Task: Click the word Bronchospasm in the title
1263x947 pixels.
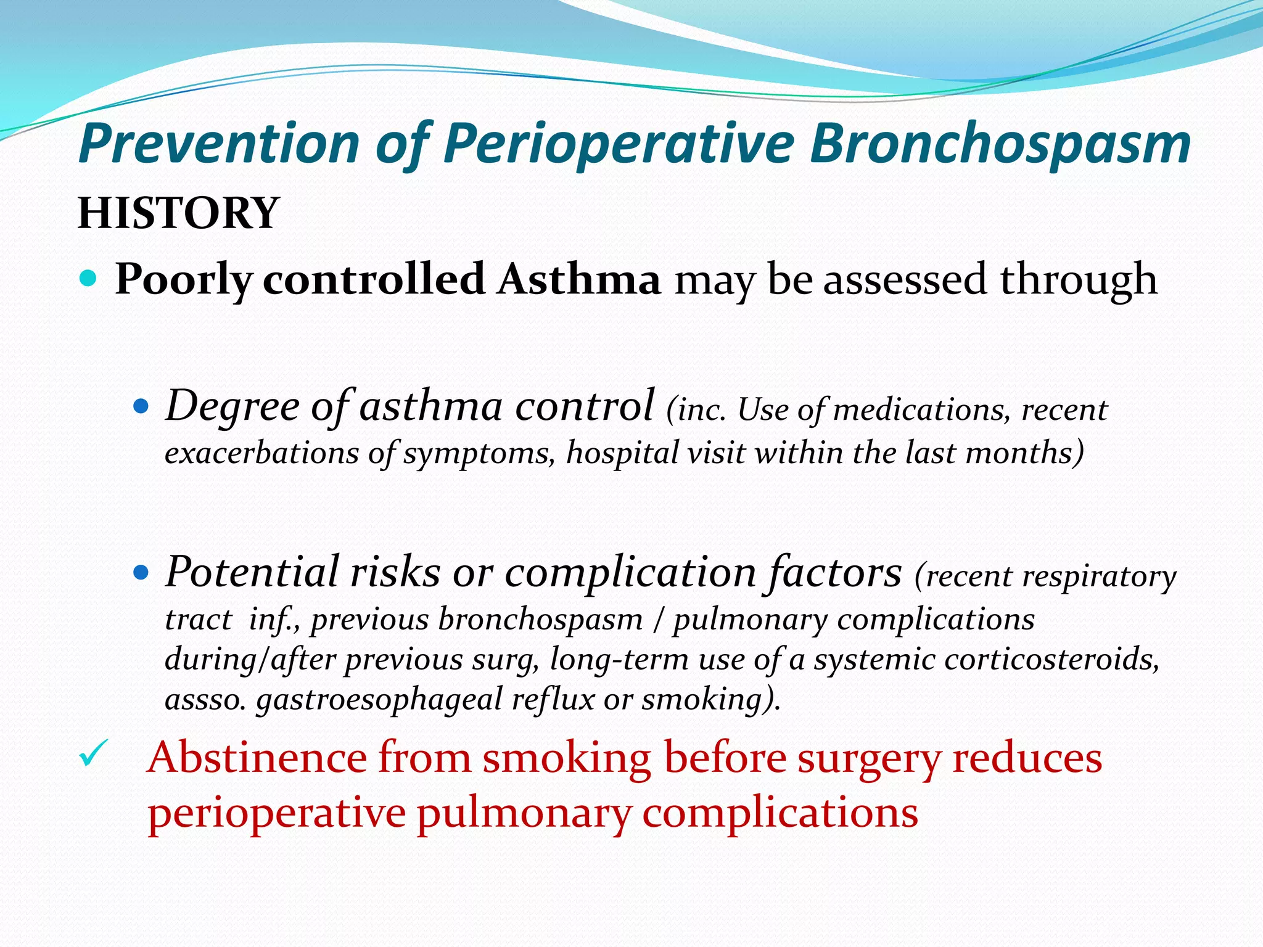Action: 1000,145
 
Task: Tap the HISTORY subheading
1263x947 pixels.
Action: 179,213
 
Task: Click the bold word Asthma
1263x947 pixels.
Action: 579,279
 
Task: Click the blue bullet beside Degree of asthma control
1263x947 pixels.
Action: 141,408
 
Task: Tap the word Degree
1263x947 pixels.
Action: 232,408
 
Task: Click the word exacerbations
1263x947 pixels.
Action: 261,454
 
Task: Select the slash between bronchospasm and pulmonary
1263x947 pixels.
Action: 658,620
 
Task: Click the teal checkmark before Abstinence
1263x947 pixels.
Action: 94,753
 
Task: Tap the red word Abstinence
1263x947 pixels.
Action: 257,758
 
